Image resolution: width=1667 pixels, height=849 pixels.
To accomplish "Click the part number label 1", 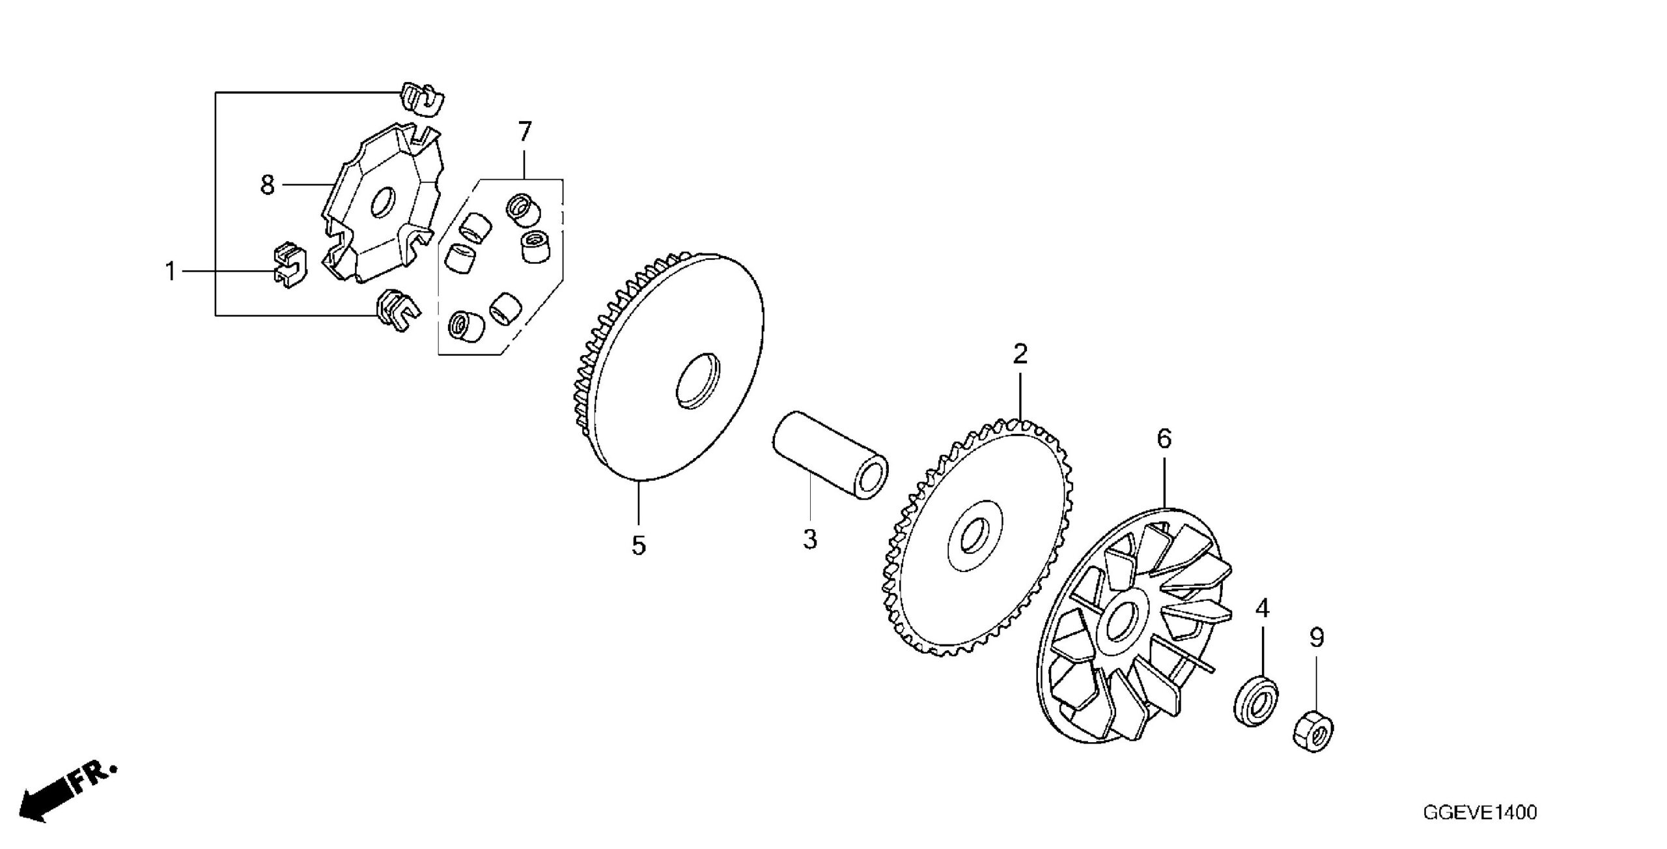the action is click(x=171, y=271).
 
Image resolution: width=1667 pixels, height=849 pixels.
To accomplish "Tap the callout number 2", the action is click(x=1020, y=354).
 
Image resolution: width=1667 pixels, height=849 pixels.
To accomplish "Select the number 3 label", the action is click(x=809, y=540).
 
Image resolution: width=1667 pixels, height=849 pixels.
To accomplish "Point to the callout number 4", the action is click(x=1262, y=609).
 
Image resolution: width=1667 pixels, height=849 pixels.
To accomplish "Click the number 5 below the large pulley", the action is click(x=638, y=545).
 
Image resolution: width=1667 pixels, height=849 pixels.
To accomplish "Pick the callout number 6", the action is click(x=1164, y=439).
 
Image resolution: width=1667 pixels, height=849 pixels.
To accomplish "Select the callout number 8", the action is click(x=268, y=185).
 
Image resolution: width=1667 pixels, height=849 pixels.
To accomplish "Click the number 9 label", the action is click(x=1317, y=638).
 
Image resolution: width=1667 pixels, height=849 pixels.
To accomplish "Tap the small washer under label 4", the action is click(x=1256, y=701).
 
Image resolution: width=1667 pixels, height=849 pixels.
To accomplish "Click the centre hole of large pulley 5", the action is click(x=697, y=381).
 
